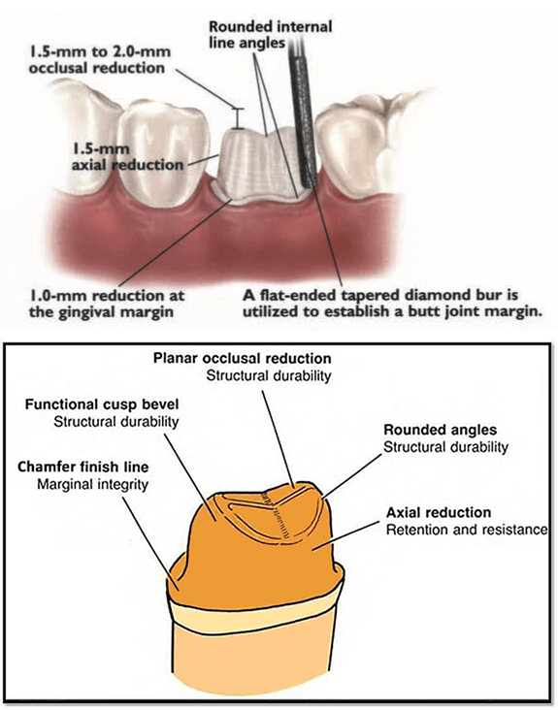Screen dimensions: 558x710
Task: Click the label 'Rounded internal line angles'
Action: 271,34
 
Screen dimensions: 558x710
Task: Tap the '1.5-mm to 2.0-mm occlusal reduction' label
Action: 100,59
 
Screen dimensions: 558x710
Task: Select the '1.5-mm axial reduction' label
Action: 127,157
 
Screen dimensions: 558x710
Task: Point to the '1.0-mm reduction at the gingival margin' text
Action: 107,304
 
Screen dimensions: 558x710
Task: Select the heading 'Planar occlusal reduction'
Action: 243,358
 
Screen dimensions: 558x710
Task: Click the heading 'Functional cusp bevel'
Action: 102,403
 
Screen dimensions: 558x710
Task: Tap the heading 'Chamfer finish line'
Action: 83,467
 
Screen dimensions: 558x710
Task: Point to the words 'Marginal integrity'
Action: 93,485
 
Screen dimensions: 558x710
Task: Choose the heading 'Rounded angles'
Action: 441,430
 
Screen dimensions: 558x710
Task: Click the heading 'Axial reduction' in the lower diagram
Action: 439,512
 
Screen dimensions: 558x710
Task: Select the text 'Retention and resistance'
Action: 467,530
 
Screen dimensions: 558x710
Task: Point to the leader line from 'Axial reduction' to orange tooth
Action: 346,535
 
